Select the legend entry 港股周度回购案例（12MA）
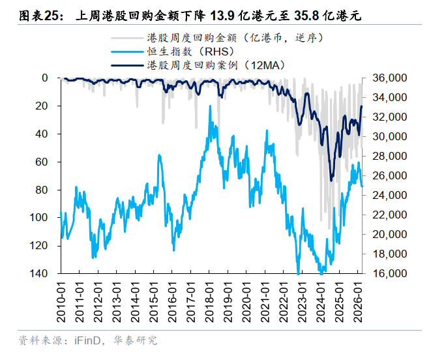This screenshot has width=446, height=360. point(216,65)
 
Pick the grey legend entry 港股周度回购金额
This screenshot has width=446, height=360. point(241,38)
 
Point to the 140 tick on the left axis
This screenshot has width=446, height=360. point(40,274)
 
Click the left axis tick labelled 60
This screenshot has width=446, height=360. point(44,162)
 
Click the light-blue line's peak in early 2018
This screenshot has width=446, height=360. point(210,106)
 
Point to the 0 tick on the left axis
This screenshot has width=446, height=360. point(46,78)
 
